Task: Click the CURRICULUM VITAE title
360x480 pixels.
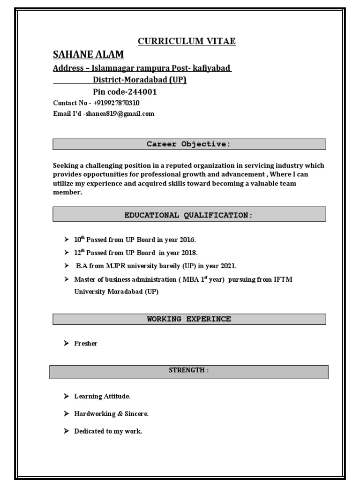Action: pyautogui.click(x=187, y=42)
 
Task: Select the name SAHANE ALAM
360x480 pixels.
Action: pyautogui.click(x=89, y=55)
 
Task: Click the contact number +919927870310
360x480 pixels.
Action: pyautogui.click(x=116, y=103)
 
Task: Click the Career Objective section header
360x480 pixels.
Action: pyautogui.click(x=189, y=144)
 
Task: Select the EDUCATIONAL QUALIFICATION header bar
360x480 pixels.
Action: pyautogui.click(x=189, y=215)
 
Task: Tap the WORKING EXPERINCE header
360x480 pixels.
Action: pyautogui.click(x=189, y=319)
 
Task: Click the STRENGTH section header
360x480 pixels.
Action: pyautogui.click(x=189, y=370)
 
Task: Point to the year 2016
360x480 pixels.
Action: pyautogui.click(x=180, y=240)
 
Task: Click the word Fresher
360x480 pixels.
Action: pyautogui.click(x=86, y=344)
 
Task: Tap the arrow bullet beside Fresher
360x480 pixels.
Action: pyautogui.click(x=67, y=344)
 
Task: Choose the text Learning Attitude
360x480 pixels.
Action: pyautogui.click(x=102, y=397)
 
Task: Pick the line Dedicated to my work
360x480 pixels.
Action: pyautogui.click(x=108, y=431)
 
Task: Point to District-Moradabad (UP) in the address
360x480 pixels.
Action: pyautogui.click(x=140, y=80)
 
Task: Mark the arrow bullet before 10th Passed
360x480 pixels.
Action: pyautogui.click(x=67, y=240)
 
